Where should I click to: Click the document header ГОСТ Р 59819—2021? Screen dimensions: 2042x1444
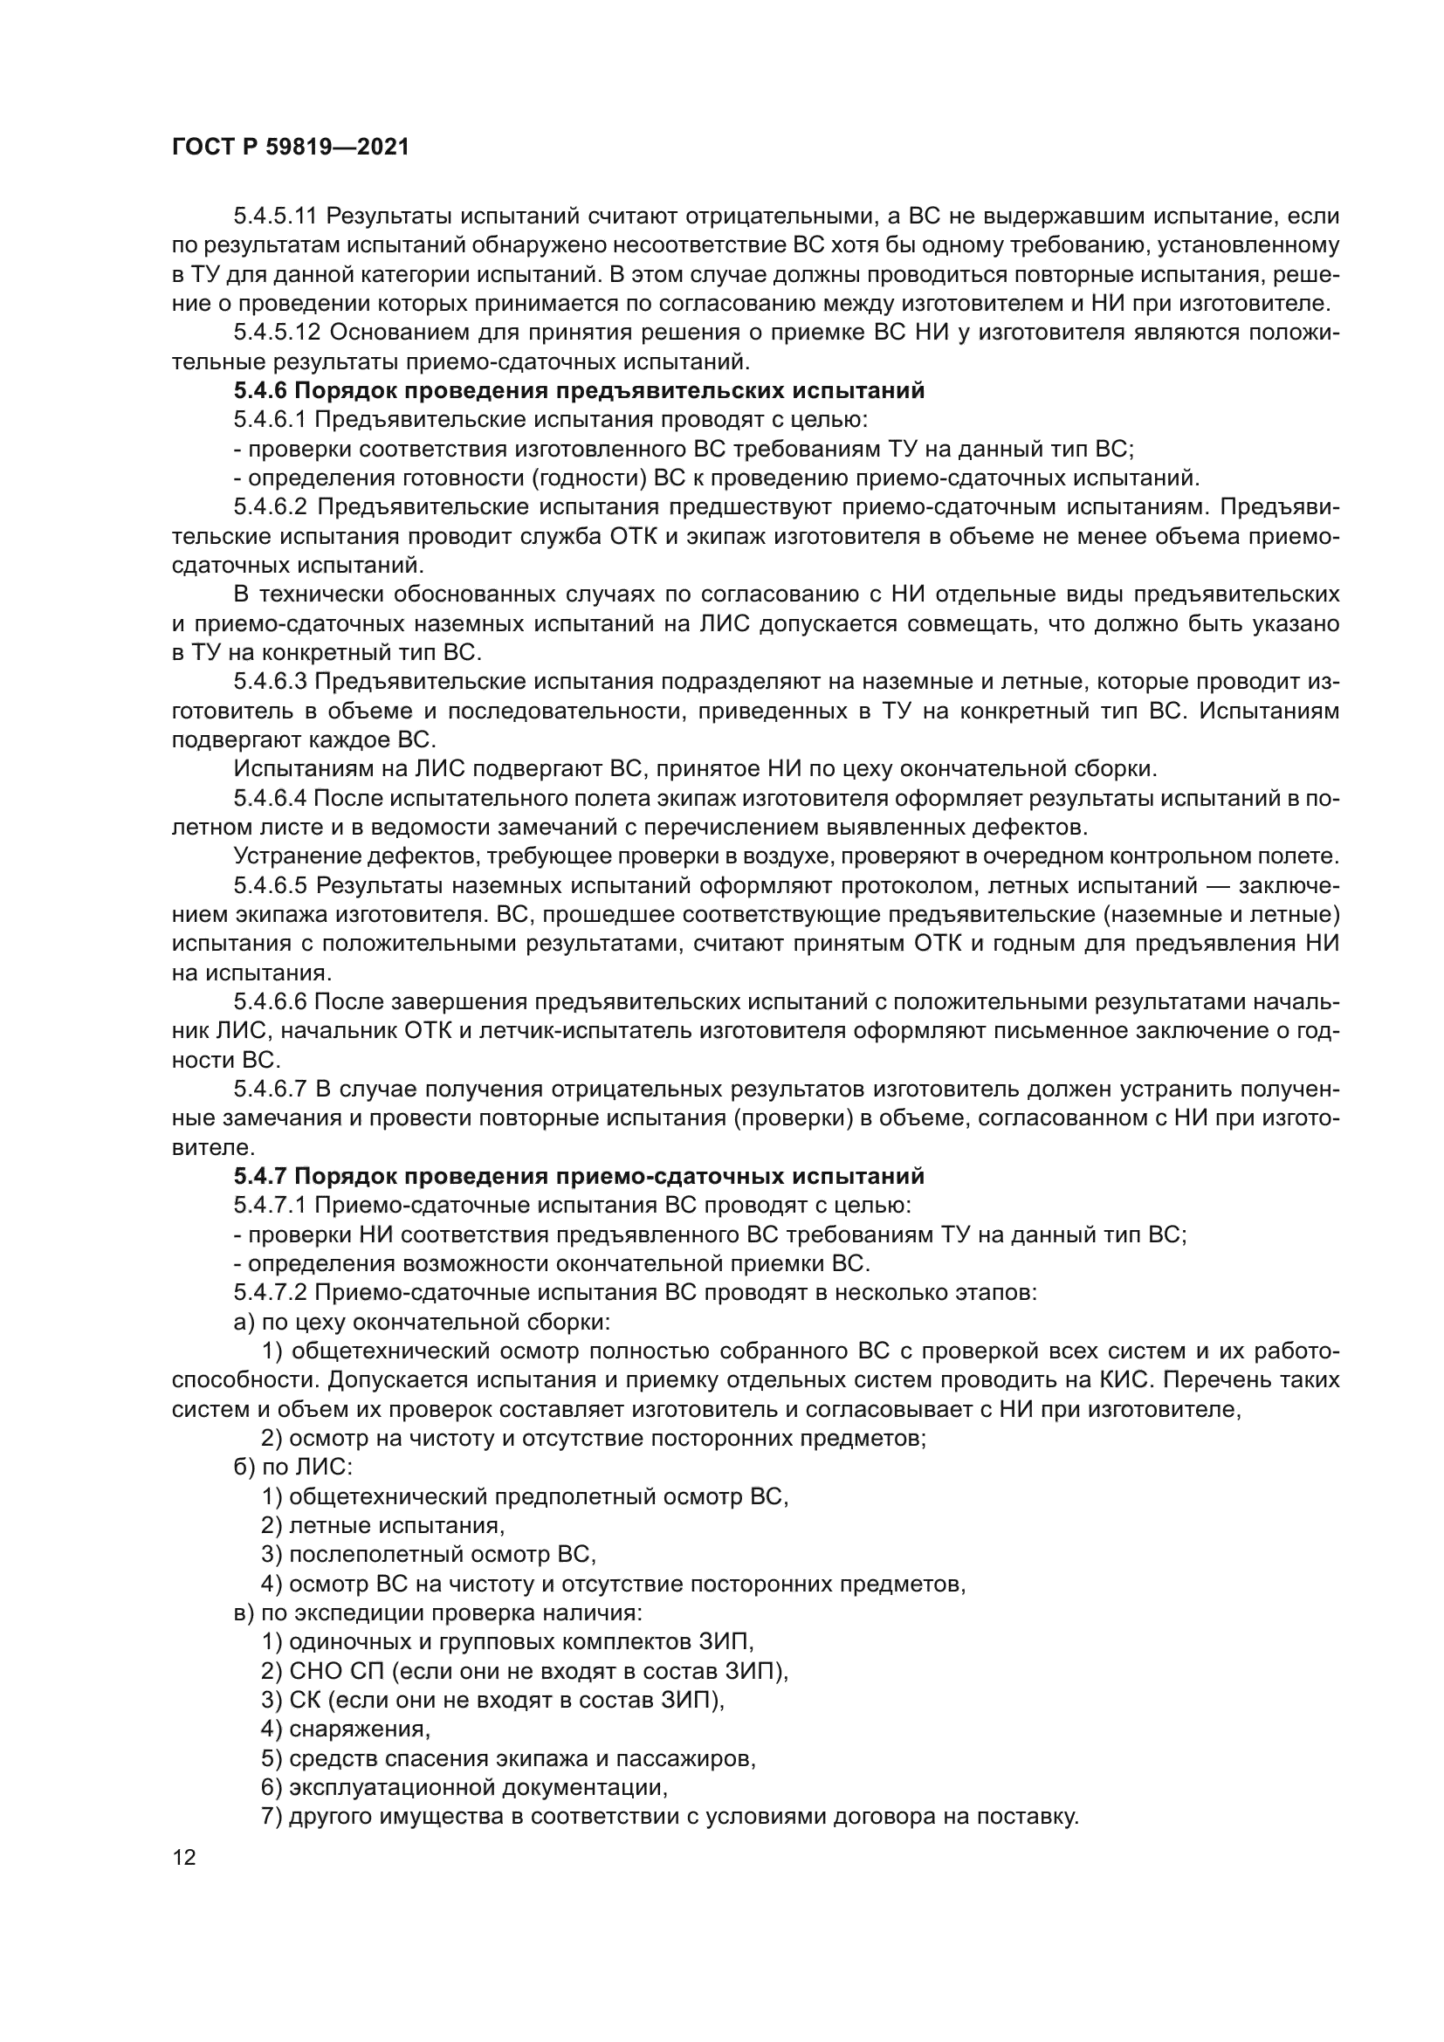(290, 147)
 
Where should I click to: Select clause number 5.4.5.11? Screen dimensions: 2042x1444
(276, 217)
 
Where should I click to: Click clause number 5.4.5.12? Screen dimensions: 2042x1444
(276, 333)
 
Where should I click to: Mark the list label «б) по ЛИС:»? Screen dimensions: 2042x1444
(292, 1468)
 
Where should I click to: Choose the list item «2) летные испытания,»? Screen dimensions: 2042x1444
(383, 1526)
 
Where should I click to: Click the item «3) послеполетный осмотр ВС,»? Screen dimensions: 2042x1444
(429, 1555)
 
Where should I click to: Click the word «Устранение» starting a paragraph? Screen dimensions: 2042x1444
(285, 856)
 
